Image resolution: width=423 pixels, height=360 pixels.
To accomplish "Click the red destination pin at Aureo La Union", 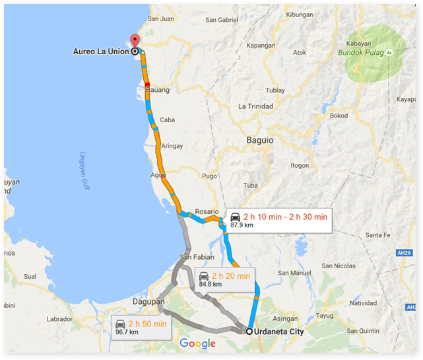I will [135, 40].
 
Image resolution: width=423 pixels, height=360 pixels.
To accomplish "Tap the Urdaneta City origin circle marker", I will [249, 332].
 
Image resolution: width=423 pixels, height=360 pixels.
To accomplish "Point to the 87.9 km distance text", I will [242, 225].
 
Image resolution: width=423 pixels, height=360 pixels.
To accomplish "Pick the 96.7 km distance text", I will [127, 332].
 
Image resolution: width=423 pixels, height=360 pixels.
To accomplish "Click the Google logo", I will [197, 343].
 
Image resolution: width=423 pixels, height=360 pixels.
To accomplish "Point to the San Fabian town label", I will [196, 256].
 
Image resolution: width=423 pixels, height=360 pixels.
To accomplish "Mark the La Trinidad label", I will [255, 106].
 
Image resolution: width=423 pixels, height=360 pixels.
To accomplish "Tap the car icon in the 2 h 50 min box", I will [120, 324].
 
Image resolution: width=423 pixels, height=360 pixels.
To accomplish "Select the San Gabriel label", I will [221, 20].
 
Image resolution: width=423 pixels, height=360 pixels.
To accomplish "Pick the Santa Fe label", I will [379, 234].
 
